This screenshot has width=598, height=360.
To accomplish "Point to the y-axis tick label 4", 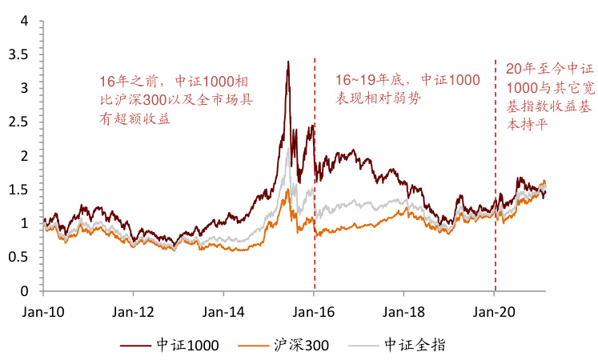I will (x=24, y=20).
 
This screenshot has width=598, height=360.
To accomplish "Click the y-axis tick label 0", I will (x=24, y=290).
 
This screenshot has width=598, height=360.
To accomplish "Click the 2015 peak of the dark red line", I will (x=288, y=62).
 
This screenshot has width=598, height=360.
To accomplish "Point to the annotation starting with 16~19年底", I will (x=407, y=89).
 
